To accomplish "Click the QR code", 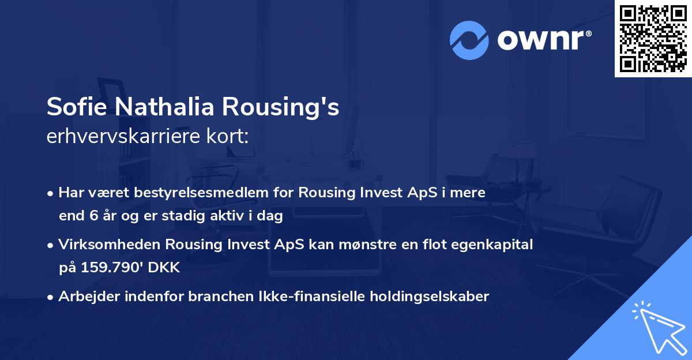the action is (653, 39).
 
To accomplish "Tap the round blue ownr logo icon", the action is (469, 40).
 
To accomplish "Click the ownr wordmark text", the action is (544, 40).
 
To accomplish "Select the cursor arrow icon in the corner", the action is (660, 328).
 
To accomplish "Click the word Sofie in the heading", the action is (77, 107).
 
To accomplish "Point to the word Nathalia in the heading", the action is (165, 107).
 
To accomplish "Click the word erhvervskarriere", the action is (123, 136).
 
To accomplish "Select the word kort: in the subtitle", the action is (227, 136).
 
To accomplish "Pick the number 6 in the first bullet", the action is (93, 216).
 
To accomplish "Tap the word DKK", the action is (164, 267).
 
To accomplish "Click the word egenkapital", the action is (492, 245).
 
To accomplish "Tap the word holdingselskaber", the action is (430, 297).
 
